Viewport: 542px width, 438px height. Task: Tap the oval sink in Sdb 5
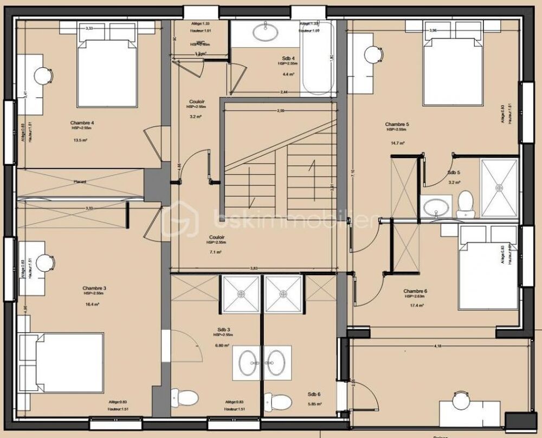[x=435, y=207]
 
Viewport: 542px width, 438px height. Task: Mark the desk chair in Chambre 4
[x=43, y=76]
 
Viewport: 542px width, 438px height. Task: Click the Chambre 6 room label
[x=415, y=291]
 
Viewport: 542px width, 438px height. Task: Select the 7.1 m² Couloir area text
[x=215, y=252]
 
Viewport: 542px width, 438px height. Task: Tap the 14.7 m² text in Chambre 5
[x=397, y=143]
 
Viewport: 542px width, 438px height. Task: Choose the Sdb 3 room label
[x=221, y=329]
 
